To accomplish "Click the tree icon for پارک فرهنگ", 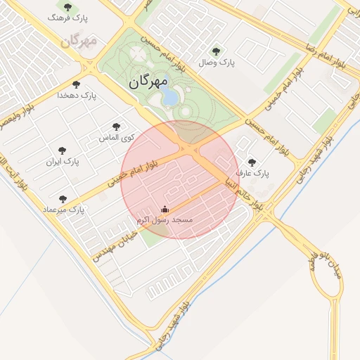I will coord(67,7).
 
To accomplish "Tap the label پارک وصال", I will coord(216,63).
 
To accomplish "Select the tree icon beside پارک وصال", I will coord(215,51).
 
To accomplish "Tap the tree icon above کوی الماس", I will coord(116,127).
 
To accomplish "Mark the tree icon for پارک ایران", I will coord(63,150).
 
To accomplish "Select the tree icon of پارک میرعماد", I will coord(63,199).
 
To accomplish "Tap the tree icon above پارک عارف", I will coord(252,162).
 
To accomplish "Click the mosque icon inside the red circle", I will coord(165,209).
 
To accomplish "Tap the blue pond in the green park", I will coord(169,97).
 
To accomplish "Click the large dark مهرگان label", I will coord(148,82).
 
